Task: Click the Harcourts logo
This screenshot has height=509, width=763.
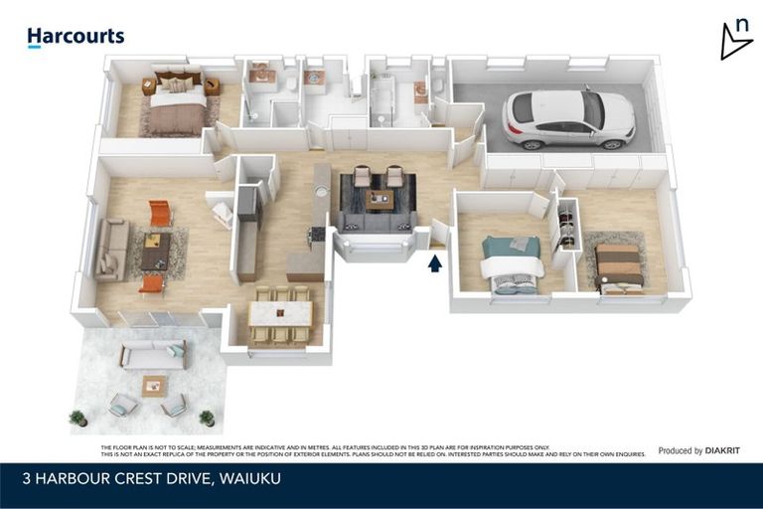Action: point(76,37)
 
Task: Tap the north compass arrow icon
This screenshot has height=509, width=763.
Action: point(735,39)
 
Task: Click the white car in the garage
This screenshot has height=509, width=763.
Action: point(568,117)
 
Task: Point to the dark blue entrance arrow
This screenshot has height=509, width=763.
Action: point(433,263)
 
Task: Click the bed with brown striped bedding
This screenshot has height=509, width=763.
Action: point(618,266)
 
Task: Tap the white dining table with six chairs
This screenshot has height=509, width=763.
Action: point(280,315)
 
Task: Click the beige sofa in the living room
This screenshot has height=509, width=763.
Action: point(110,249)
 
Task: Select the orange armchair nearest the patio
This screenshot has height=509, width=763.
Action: point(152,284)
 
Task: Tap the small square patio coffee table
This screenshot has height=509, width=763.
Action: point(154,385)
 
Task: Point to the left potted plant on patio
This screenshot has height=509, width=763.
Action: point(77,419)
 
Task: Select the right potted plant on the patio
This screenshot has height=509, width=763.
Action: point(207,419)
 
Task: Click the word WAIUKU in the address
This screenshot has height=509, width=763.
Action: point(249,479)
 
